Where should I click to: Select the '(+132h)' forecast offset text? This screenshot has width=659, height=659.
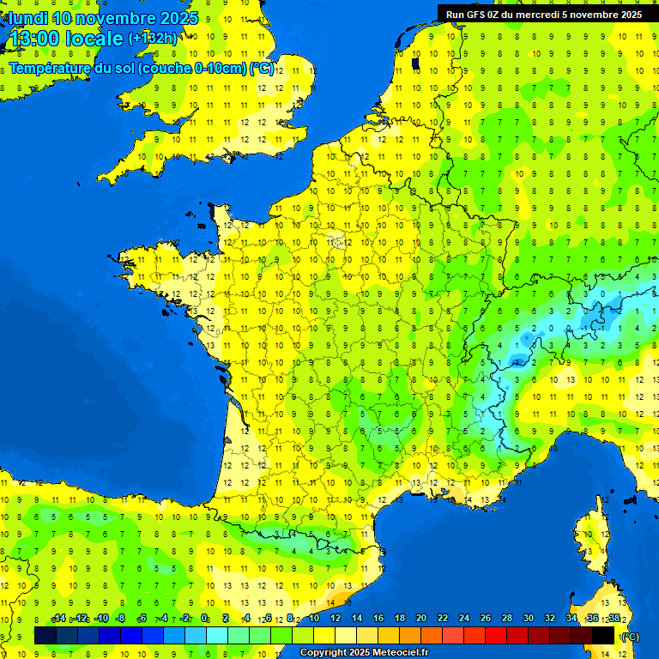[x=153, y=38]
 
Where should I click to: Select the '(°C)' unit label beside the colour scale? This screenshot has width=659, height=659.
[x=629, y=636]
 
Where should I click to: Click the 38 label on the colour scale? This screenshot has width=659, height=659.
[x=614, y=619]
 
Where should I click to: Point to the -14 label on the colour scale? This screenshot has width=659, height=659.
[x=58, y=619]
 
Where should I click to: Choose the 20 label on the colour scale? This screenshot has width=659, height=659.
[x=420, y=619]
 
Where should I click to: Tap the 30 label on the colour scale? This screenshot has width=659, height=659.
[x=528, y=619]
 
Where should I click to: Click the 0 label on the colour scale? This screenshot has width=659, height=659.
[x=204, y=619]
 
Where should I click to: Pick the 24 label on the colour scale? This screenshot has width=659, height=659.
[x=463, y=619]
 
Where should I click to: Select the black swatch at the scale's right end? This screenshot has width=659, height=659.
[x=603, y=635]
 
